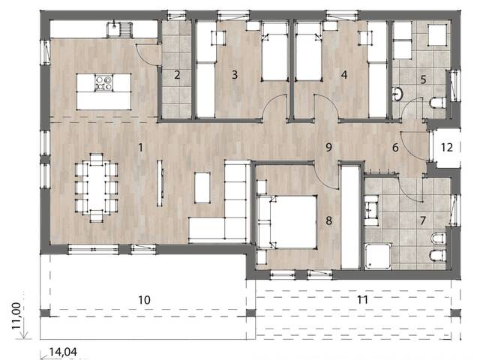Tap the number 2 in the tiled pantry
(177, 74)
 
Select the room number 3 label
(235, 74)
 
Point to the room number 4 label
(344, 74)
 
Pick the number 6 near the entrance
(395, 147)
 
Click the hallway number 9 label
(328, 147)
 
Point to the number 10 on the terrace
(145, 299)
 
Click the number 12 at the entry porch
(446, 147)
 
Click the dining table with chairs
(97, 187)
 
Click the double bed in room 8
(287, 221)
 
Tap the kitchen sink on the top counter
(117, 30)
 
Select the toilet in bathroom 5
(439, 102)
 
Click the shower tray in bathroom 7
(376, 257)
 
